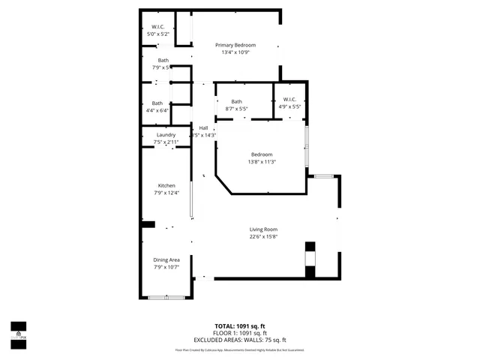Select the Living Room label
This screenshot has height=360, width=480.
[x=264, y=229]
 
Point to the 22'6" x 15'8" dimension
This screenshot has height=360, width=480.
[x=264, y=237]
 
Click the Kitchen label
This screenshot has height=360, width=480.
[x=166, y=186]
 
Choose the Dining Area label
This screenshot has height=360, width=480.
[x=166, y=259]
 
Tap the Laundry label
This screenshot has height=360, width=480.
[x=166, y=135]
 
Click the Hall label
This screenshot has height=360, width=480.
[x=203, y=128]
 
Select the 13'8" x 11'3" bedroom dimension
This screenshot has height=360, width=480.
[x=262, y=162]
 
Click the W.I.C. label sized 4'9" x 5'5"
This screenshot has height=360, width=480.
[x=290, y=100]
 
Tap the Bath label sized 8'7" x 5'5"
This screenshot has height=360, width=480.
[x=236, y=102]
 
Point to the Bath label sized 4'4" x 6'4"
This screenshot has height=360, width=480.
[x=157, y=103]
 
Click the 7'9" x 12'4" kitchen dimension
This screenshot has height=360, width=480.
[x=166, y=193]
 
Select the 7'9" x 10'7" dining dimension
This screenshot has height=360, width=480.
[x=166, y=267]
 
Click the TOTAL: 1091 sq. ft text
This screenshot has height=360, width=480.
[x=240, y=326]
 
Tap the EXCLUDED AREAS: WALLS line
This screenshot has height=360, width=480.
[x=240, y=340]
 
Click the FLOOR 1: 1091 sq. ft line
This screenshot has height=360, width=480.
[x=240, y=333]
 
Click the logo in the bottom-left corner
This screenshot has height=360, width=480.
[x=17, y=334]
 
